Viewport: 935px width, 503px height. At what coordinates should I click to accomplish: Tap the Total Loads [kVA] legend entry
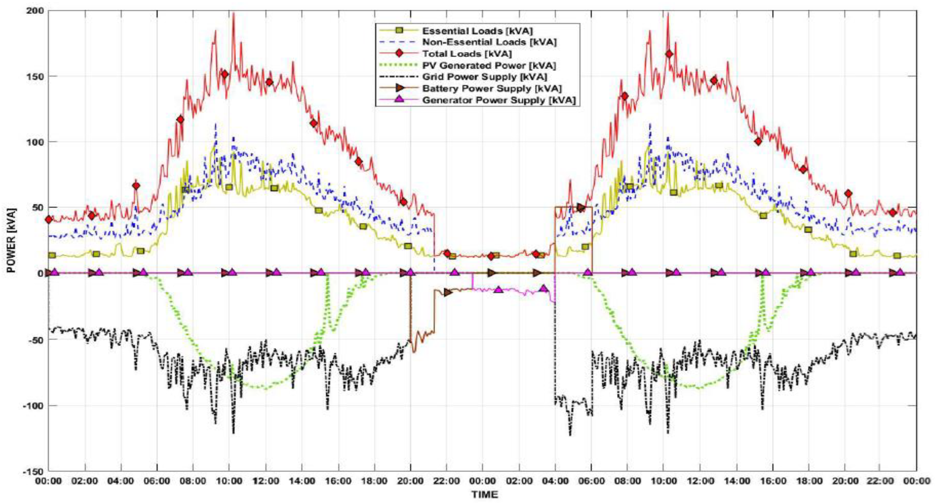coord(467,54)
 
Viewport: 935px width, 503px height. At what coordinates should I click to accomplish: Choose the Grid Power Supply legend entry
coord(485,77)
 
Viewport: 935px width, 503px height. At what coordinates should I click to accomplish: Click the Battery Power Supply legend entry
coord(492,88)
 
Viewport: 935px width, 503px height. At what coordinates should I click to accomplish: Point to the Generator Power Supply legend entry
coord(499,100)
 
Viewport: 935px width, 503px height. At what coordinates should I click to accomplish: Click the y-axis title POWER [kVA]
coord(11,240)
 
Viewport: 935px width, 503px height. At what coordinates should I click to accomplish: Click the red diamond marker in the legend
coord(400,54)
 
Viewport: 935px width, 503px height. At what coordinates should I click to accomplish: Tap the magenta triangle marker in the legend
coord(400,100)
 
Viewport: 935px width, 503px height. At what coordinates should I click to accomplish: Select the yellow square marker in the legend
coord(400,30)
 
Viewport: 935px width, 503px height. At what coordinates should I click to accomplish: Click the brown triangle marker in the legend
coord(400,88)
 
